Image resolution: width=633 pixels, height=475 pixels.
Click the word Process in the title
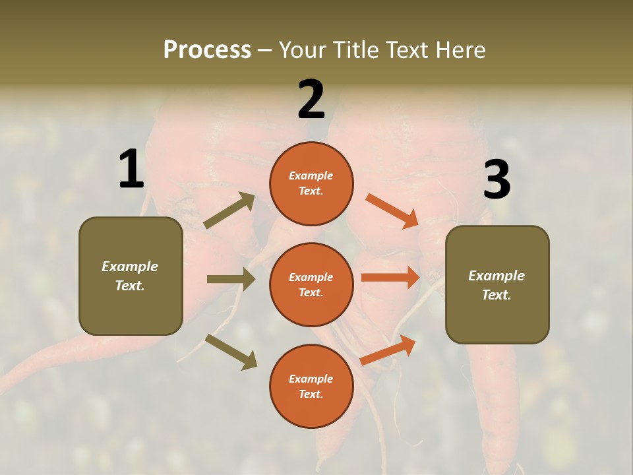pyautogui.click(x=207, y=49)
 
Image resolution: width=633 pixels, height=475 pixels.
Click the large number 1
pyautogui.click(x=131, y=170)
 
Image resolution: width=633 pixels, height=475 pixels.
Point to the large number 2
pyautogui.click(x=311, y=100)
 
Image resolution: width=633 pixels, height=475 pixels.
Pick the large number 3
pyautogui.click(x=497, y=180)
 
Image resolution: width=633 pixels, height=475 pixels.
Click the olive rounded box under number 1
pyautogui.click(x=131, y=276)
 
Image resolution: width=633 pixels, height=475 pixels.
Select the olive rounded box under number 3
pyautogui.click(x=497, y=285)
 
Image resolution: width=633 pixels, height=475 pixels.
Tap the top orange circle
pyautogui.click(x=311, y=183)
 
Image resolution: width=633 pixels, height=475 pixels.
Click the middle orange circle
pyautogui.click(x=311, y=284)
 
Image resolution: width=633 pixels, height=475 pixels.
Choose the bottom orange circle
pyautogui.click(x=311, y=386)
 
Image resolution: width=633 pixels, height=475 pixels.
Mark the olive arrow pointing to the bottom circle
pyautogui.click(x=231, y=352)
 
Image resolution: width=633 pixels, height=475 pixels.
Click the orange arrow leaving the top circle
pyautogui.click(x=392, y=211)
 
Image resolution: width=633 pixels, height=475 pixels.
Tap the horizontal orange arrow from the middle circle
pyautogui.click(x=390, y=277)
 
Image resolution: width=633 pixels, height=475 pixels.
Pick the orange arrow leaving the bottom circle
pyautogui.click(x=388, y=350)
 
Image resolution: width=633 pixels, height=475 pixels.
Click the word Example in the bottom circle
pyautogui.click(x=311, y=379)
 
